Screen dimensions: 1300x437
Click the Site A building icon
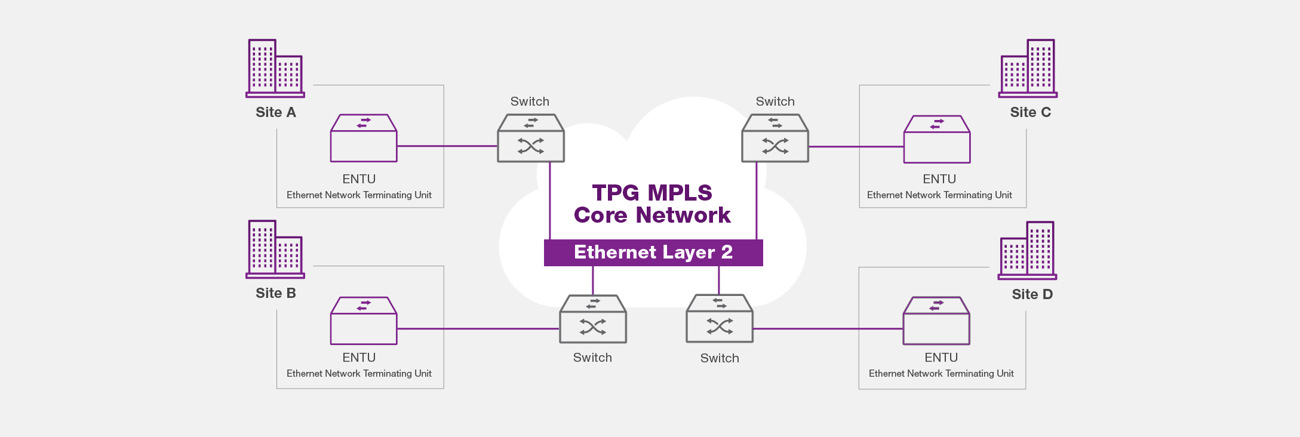point(275,68)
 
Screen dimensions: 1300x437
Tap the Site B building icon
point(275,249)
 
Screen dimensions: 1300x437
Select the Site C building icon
point(1028,68)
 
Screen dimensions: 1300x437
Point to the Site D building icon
point(1027,250)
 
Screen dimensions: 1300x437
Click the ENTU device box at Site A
point(364,138)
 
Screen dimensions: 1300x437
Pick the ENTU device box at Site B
point(364,321)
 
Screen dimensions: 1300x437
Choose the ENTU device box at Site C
point(937,139)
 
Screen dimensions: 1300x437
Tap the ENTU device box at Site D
point(936,321)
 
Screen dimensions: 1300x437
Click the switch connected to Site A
point(531,138)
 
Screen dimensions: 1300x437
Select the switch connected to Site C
point(775,138)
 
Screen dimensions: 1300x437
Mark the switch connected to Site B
point(593,319)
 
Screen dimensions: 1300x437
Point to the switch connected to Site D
point(720,318)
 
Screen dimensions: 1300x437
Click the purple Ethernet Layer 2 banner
point(653,253)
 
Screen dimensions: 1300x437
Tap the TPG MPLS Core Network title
point(652,204)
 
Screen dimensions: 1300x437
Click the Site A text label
point(276,112)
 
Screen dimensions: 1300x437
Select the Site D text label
point(1032,294)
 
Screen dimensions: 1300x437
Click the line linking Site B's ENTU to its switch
point(478,328)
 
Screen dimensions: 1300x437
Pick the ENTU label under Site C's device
point(939,179)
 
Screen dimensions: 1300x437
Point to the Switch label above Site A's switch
point(530,101)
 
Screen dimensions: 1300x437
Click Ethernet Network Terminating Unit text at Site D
point(941,374)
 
